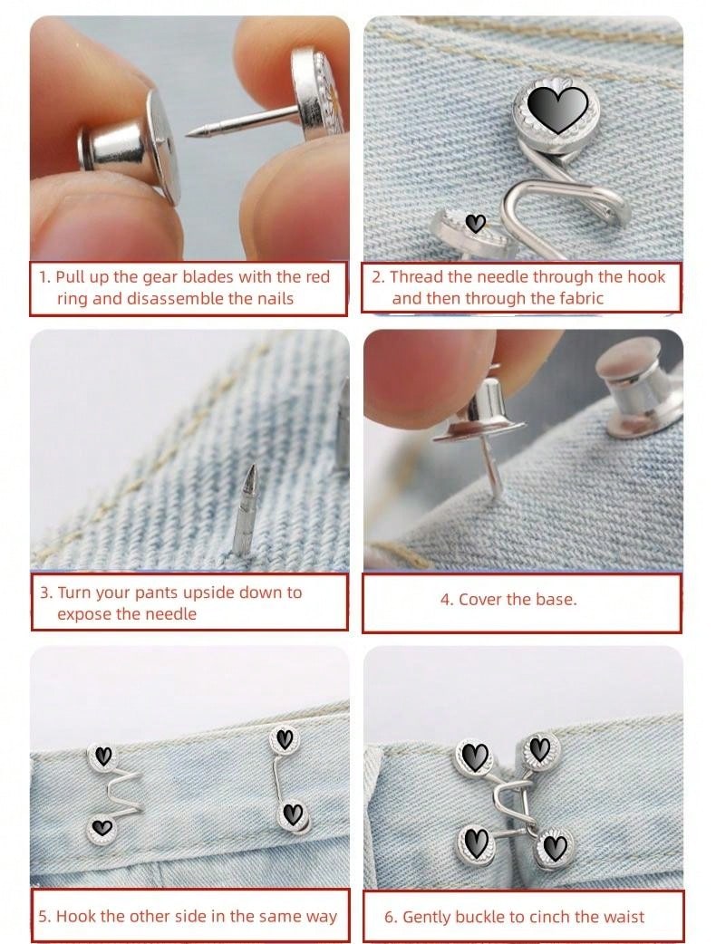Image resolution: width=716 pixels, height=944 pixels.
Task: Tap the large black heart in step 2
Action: (557, 108)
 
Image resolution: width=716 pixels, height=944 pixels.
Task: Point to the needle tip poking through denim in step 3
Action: (253, 467)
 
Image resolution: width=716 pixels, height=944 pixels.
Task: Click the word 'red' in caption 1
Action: (317, 277)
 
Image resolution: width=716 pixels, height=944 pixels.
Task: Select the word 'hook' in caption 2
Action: (646, 276)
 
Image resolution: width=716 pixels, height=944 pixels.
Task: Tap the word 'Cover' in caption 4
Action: (479, 600)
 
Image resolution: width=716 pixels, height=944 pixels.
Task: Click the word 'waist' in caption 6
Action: (625, 917)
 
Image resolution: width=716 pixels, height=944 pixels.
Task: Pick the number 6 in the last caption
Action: (390, 917)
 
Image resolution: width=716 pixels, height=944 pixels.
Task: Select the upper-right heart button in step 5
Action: (284, 738)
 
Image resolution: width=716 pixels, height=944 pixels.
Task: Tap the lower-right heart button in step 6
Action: (553, 849)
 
